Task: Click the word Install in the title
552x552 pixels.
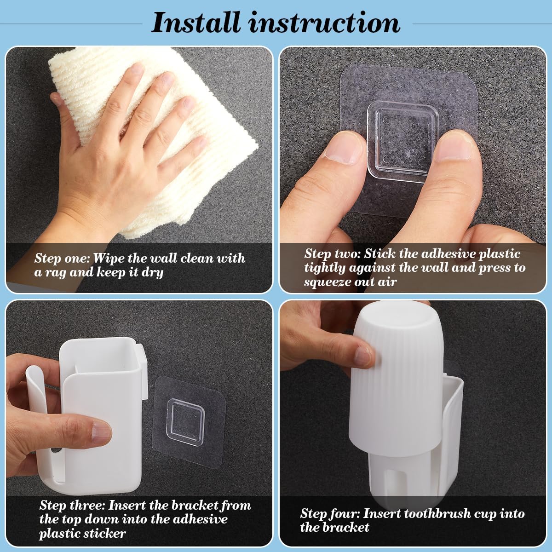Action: (195, 23)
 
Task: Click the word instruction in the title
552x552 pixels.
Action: (325, 23)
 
